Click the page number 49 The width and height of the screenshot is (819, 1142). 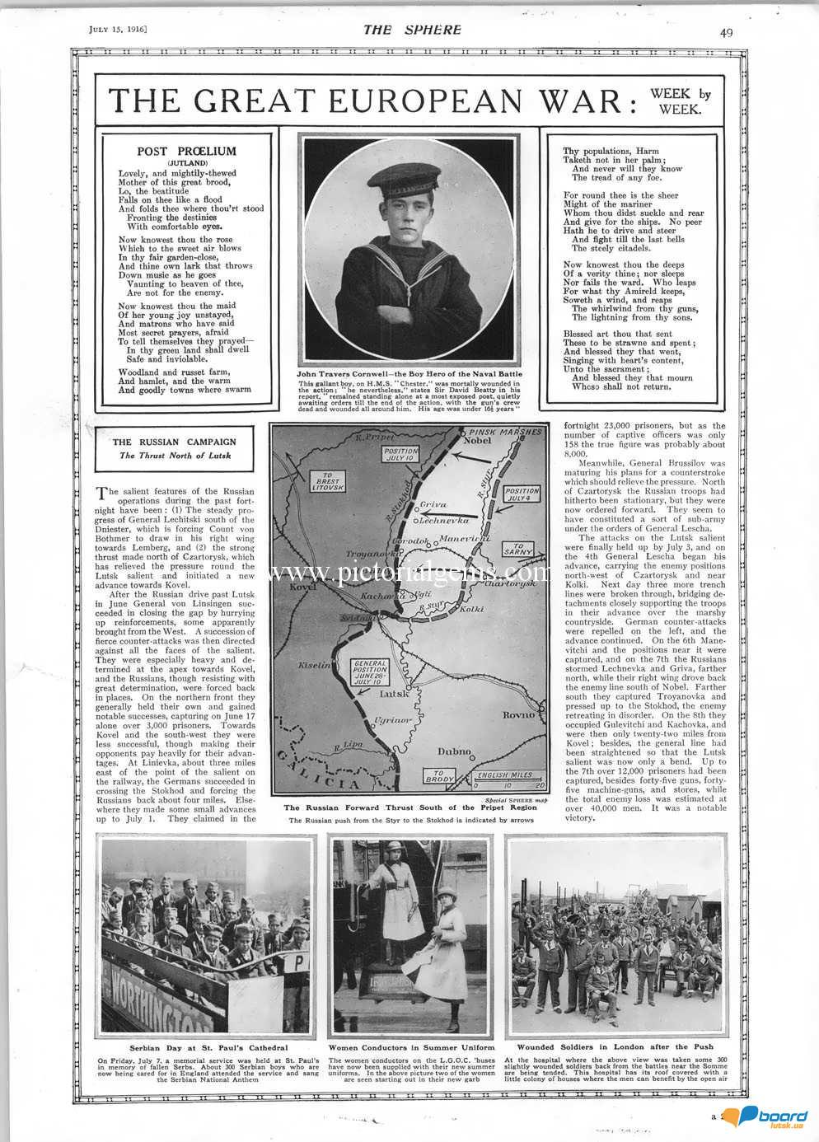(726, 33)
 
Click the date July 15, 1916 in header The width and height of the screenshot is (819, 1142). (117, 30)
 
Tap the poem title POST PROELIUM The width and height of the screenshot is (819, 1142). (187, 152)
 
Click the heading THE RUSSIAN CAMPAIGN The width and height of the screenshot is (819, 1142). (175, 442)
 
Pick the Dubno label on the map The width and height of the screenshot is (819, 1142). (454, 751)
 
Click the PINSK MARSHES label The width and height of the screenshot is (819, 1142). (505, 431)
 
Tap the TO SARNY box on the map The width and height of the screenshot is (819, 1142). (518, 550)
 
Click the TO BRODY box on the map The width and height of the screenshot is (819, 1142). (440, 776)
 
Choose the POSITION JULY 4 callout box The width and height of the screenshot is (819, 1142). (522, 494)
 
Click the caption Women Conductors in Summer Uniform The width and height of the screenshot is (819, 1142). (411, 1047)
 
